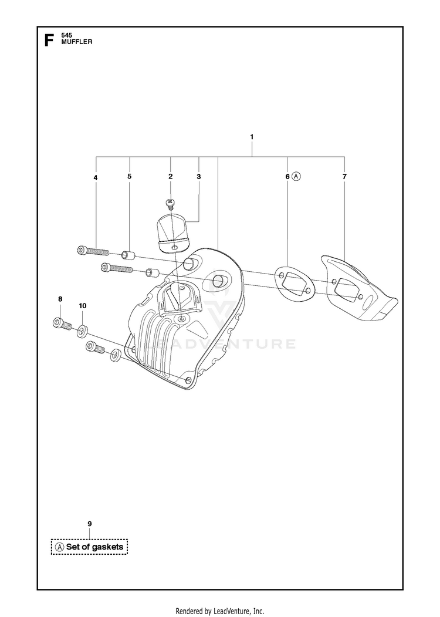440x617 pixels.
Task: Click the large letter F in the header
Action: tap(49, 41)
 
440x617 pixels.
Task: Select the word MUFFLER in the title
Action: tap(77, 42)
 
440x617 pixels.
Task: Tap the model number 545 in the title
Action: tap(67, 36)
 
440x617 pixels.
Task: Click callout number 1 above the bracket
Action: tap(252, 137)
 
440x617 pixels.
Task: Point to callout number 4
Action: tap(96, 178)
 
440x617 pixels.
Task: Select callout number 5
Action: tap(130, 176)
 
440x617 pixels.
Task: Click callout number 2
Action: tap(170, 177)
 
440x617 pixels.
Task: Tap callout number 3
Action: tap(198, 177)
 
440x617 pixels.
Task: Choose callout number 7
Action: tap(344, 177)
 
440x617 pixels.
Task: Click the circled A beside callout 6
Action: tap(296, 177)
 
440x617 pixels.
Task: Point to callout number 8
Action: tap(60, 299)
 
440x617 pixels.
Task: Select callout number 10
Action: tap(83, 306)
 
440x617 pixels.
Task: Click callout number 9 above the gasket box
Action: tap(90, 524)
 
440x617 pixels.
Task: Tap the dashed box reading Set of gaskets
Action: tap(89, 547)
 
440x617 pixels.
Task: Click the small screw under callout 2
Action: tap(170, 203)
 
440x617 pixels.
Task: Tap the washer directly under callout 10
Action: tap(82, 331)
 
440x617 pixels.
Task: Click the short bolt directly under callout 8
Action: tap(62, 324)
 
